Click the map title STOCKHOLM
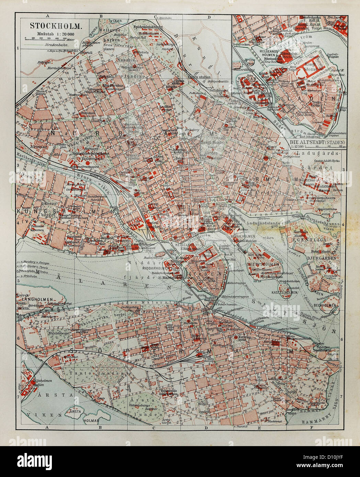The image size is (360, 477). click(x=55, y=26)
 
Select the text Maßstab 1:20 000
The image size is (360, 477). click(x=55, y=34)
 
